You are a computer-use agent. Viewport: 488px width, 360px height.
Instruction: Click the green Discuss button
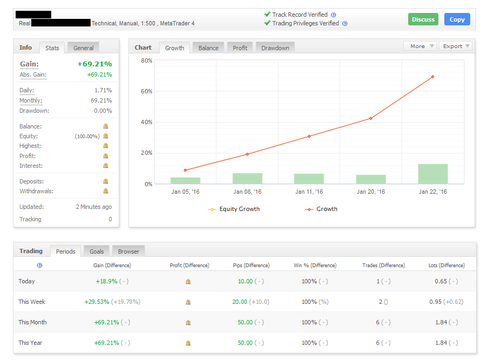(x=423, y=19)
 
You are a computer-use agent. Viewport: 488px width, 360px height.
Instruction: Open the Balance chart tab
(x=208, y=48)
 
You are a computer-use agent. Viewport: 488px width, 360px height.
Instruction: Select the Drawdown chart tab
(x=275, y=48)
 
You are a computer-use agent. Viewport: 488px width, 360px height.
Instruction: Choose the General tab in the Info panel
(x=84, y=48)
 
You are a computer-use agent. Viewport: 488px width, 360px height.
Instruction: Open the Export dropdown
(x=456, y=46)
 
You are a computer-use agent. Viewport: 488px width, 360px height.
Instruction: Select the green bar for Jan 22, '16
(x=432, y=174)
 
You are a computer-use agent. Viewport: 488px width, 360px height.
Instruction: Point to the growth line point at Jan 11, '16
(x=309, y=136)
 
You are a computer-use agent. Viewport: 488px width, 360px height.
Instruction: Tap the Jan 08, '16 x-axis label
(x=247, y=192)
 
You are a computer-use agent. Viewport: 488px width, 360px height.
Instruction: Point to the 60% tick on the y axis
(x=147, y=91)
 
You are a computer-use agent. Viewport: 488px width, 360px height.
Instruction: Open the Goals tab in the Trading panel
(x=97, y=252)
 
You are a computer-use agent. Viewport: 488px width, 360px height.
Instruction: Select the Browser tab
(x=128, y=252)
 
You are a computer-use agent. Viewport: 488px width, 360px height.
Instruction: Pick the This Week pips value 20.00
(x=239, y=302)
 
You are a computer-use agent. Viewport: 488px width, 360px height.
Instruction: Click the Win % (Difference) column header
(x=315, y=266)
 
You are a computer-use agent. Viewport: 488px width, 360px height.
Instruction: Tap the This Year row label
(x=30, y=343)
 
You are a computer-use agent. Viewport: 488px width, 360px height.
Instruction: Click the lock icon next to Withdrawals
(x=106, y=191)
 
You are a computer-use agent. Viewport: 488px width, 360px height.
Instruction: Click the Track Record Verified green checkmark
(x=267, y=15)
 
